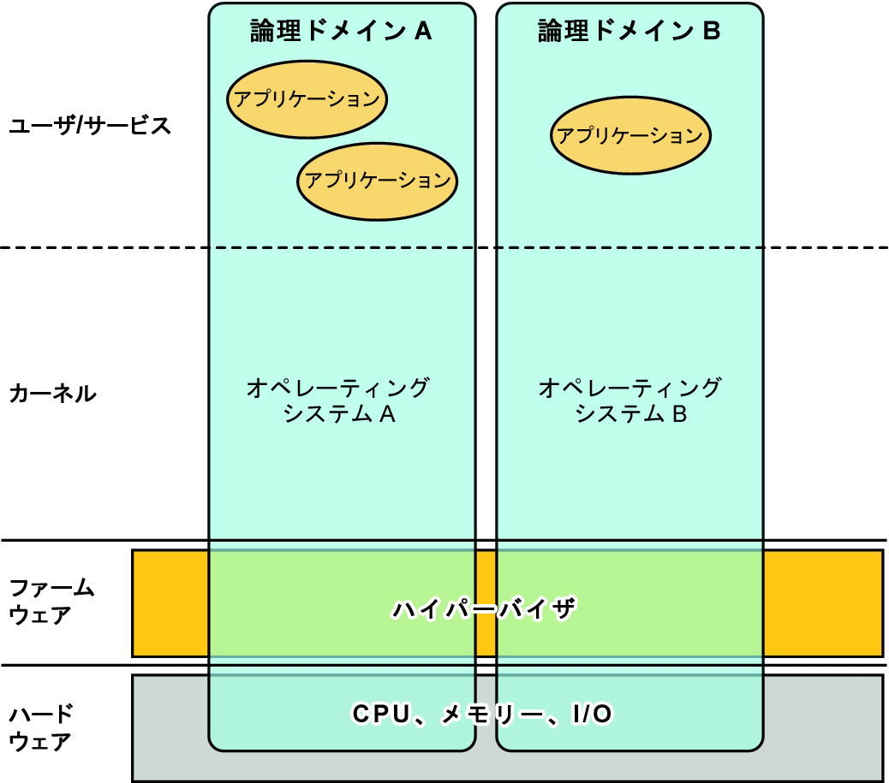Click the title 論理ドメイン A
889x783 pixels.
340,32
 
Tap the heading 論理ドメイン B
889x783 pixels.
629,32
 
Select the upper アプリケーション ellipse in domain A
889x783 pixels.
307,99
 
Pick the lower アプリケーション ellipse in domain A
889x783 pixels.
378,180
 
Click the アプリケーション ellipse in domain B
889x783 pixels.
629,135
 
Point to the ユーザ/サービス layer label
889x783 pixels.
90,126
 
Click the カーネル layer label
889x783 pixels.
52,394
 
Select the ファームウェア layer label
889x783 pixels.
51,602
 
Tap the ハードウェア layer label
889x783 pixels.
41,727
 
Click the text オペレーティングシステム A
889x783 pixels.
337,401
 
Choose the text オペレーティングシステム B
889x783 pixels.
630,401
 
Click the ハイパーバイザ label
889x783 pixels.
486,609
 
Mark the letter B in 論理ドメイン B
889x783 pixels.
711,32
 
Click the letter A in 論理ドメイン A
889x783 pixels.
422,32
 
